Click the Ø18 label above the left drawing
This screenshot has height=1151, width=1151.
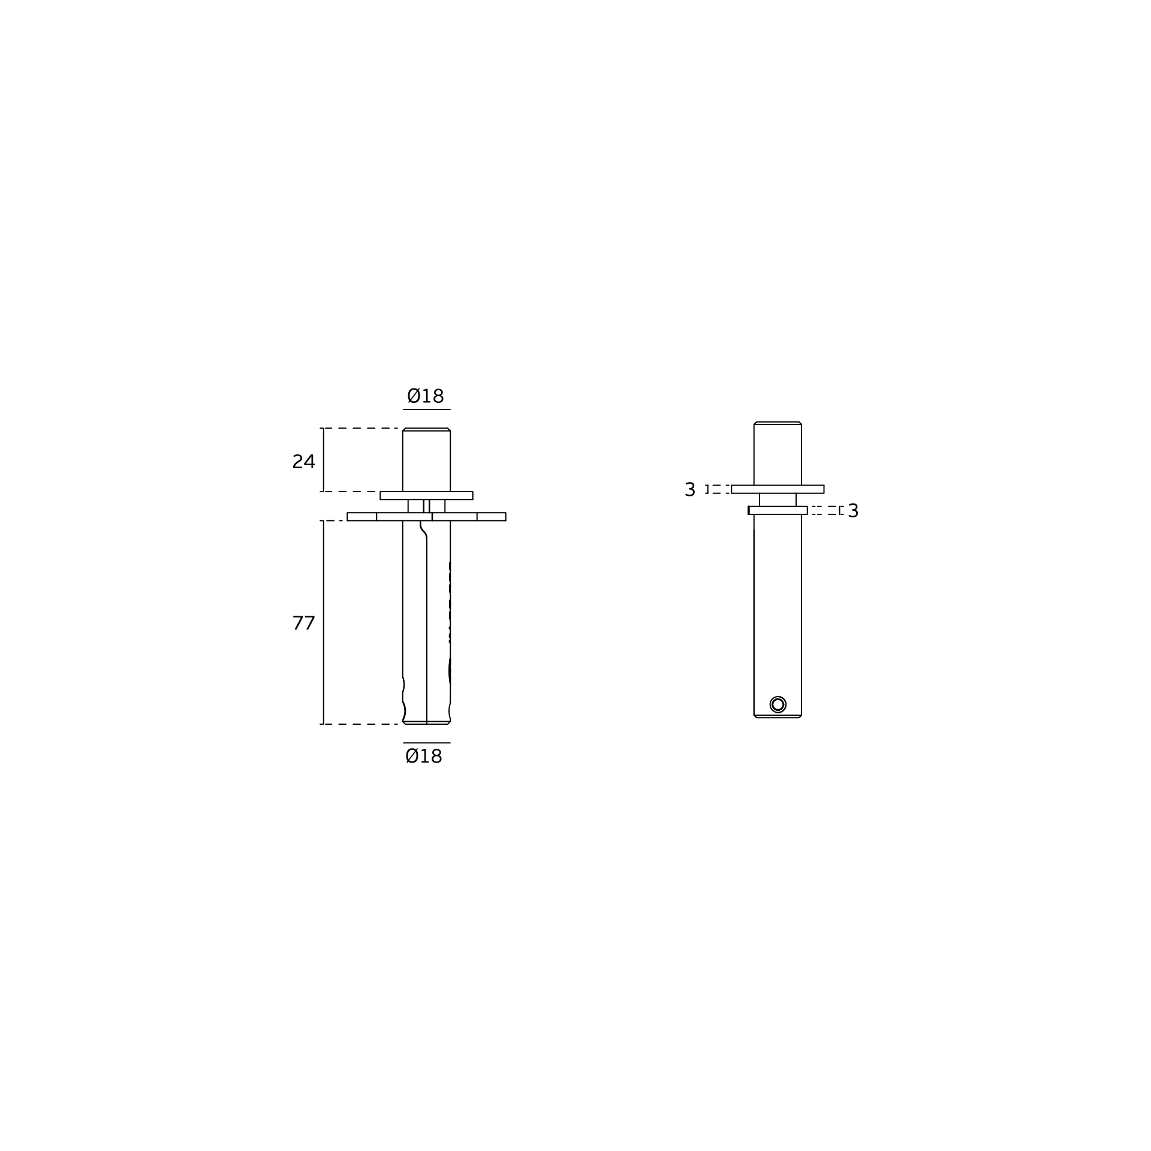click(x=426, y=396)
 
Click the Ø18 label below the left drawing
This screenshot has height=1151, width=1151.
click(x=424, y=757)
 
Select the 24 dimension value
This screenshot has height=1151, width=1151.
click(x=303, y=462)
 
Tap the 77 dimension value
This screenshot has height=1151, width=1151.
click(x=303, y=623)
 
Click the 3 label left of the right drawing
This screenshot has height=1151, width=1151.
click(x=689, y=489)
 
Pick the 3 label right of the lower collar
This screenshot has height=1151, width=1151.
click(x=853, y=511)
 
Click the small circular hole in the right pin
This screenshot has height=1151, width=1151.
click(x=778, y=704)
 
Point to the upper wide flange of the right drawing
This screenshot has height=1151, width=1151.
click(x=778, y=489)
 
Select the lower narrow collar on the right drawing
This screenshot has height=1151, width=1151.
click(x=778, y=510)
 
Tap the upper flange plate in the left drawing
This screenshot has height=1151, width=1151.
click(x=426, y=495)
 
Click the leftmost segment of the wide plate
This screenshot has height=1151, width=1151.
click(x=361, y=517)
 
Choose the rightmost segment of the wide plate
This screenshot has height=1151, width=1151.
click(x=491, y=517)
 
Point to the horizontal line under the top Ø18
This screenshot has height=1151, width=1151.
click(x=426, y=409)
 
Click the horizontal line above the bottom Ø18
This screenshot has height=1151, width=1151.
click(x=426, y=743)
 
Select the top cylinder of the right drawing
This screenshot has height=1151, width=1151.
click(x=778, y=454)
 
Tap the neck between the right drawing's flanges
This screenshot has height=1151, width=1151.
click(x=778, y=500)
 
